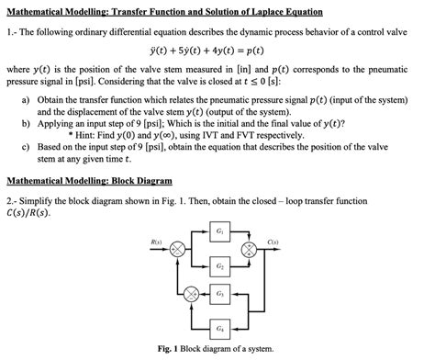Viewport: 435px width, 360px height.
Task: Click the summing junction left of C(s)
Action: (246, 250)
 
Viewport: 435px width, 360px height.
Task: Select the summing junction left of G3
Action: (190, 295)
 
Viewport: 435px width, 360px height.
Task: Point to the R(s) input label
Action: (155, 242)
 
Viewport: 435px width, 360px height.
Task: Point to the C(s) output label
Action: (273, 242)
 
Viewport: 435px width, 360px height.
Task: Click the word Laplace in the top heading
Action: (264, 9)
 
